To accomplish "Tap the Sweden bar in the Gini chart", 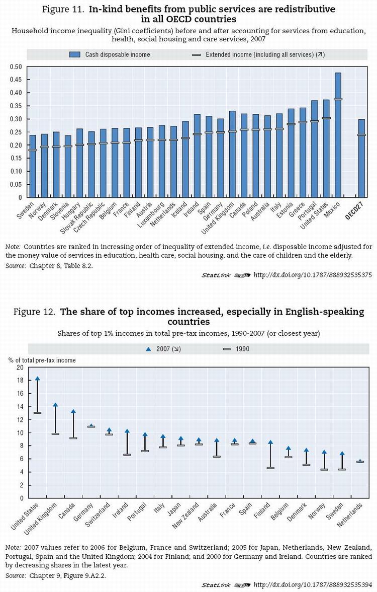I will [33, 166].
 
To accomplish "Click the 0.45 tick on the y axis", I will [16, 80].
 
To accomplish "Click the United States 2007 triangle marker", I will [38, 379].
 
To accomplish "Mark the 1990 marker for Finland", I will [270, 468].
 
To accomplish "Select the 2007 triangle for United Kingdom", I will [55, 405].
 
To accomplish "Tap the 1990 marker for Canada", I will [73, 438].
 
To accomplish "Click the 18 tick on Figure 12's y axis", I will [20, 381].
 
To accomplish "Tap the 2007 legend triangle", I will [148, 349].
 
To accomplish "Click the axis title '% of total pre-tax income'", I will [42, 360].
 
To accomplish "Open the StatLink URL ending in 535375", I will [312, 275].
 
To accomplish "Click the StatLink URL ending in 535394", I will [312, 585].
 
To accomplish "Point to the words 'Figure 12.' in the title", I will [34, 312].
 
